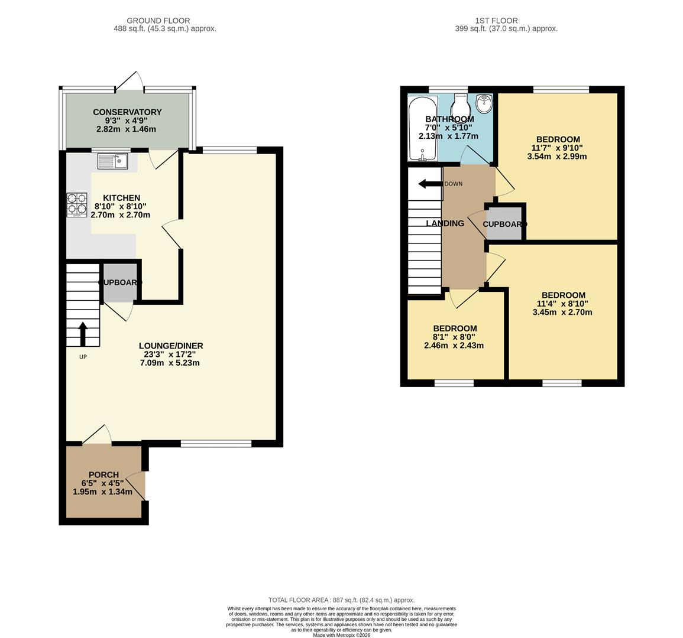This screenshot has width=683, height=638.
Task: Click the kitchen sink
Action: pyautogui.click(x=113, y=161)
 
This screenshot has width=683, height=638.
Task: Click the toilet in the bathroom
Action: pyautogui.click(x=459, y=108)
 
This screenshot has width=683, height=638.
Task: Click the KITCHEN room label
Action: pyautogui.click(x=121, y=198)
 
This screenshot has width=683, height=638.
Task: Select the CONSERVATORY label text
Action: pyautogui.click(x=127, y=112)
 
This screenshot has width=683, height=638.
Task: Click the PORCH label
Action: pyautogui.click(x=103, y=474)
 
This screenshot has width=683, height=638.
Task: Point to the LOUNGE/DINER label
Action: pyautogui.click(x=171, y=346)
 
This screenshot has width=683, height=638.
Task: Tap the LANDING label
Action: pyautogui.click(x=445, y=223)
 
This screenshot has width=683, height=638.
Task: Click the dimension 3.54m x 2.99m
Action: pyautogui.click(x=557, y=157)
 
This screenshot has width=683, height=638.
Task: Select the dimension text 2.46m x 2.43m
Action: pyautogui.click(x=454, y=346)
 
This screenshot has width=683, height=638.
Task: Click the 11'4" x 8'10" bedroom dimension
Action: pyautogui.click(x=563, y=304)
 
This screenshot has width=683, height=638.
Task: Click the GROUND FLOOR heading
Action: pyautogui.click(x=165, y=21)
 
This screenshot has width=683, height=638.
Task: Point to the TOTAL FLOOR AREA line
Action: pyautogui.click(x=341, y=600)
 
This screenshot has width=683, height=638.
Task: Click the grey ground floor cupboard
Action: pyautogui.click(x=120, y=282)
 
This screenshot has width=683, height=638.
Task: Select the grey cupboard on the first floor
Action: pyautogui.click(x=504, y=224)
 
